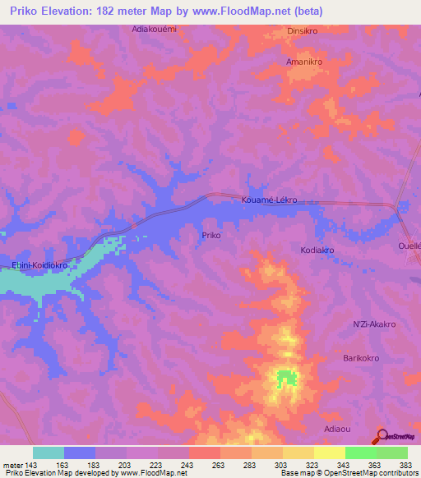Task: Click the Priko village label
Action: tap(210, 235)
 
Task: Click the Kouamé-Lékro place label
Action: tap(269, 200)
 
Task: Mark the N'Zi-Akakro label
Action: tap(374, 324)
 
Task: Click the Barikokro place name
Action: tap(365, 358)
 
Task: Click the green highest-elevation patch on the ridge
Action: tap(286, 379)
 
